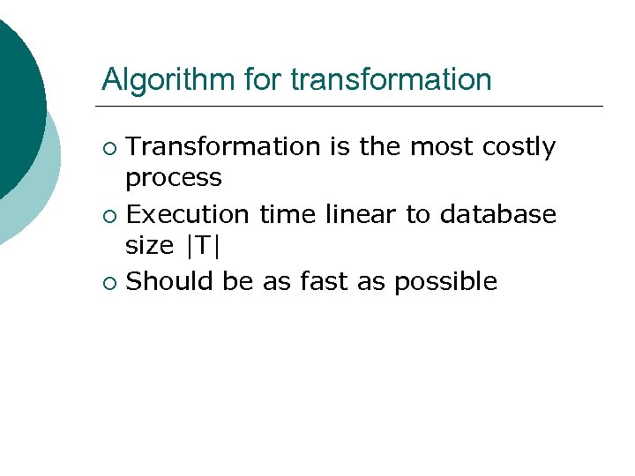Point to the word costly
519,146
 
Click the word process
174,178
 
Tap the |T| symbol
200,247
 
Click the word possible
445,282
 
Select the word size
149,247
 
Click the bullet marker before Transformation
108,147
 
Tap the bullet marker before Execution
108,215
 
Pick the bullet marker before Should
108,282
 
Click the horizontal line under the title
353,107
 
